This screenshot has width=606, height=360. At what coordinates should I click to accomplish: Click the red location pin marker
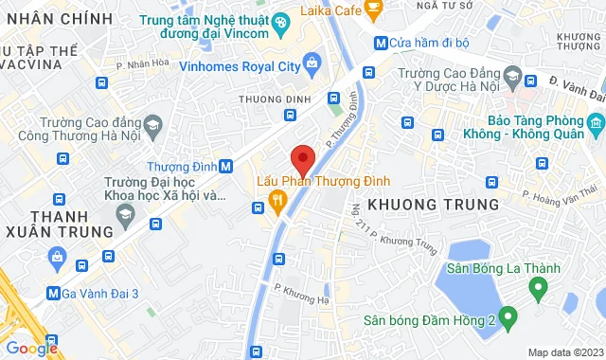point(302,157)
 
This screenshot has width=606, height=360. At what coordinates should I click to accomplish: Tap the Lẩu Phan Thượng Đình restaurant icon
point(277,199)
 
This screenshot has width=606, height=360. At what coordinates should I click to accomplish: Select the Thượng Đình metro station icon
point(225,165)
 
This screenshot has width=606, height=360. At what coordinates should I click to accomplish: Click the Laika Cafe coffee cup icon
point(374,10)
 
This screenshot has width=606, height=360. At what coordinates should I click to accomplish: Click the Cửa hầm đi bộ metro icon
point(380,42)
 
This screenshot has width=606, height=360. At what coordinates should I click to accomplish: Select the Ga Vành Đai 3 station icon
point(55,294)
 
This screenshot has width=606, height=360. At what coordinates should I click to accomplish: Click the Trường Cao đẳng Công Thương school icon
point(151,124)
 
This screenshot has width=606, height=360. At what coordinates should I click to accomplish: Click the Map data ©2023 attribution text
point(564,352)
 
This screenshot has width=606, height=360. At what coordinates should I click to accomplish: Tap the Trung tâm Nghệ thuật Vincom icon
point(280,22)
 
